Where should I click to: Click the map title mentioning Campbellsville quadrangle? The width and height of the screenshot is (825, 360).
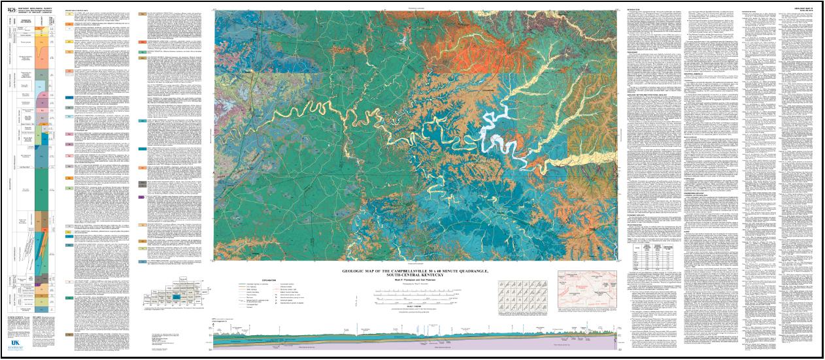[x=415, y=272]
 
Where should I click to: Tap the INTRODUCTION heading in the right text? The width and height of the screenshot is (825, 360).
[x=629, y=10]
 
